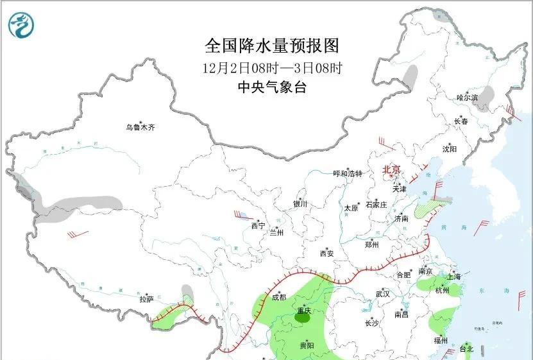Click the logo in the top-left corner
[x=22, y=25]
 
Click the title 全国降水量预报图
[x=271, y=46]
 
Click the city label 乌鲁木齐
[x=140, y=128]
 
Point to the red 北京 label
[x=391, y=170]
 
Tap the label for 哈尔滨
[x=467, y=98]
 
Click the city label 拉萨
[x=147, y=299]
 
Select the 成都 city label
[x=279, y=297]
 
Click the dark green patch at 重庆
[x=302, y=315]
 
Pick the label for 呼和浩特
[x=348, y=174]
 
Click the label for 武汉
[x=383, y=293]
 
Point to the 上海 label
[x=454, y=277]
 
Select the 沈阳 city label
[x=449, y=149]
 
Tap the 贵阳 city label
[x=307, y=346]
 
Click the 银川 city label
[x=300, y=203]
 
